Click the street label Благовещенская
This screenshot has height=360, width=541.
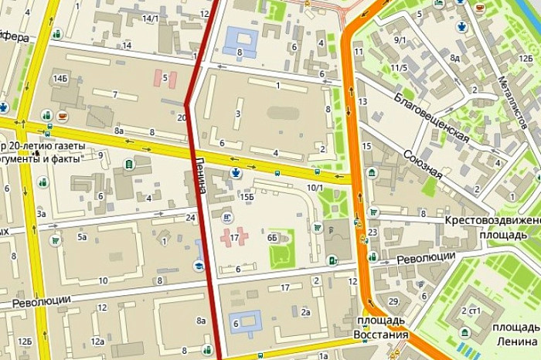[431, 117]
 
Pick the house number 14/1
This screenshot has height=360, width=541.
[151, 18]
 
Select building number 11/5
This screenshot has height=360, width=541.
[399, 68]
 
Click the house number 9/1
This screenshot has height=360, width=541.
[400, 40]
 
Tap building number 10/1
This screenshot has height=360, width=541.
[315, 188]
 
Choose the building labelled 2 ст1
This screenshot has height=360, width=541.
[471, 311]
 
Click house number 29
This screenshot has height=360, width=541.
[393, 301]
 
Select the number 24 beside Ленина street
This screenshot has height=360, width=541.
[189, 217]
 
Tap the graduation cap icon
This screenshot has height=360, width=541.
[199, 265]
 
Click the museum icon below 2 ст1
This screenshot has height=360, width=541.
[465, 333]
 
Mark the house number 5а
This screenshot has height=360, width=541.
[82, 236]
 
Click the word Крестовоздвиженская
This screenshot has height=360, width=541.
[492, 220]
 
